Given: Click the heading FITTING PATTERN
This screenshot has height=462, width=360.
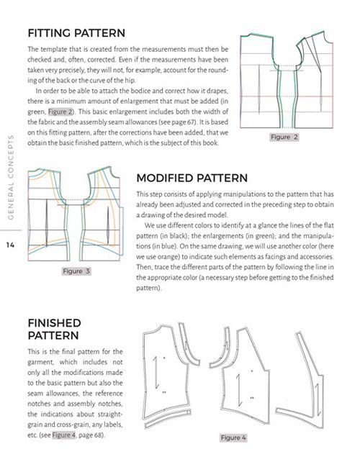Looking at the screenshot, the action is pos(76,33).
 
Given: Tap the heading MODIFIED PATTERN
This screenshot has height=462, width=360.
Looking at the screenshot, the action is pos(192,178).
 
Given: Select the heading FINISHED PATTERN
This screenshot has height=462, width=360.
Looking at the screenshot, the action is pos(54,329).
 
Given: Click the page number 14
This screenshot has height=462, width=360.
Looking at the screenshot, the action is pos(10,245).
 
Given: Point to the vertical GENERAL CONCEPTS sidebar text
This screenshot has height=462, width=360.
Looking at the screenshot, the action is pos(11,177).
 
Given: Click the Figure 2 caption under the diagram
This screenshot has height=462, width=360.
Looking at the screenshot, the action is pos(284,137).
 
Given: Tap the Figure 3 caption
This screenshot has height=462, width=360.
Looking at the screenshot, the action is pos(76,271).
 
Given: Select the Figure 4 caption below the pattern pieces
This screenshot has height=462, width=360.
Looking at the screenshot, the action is pos(233,438).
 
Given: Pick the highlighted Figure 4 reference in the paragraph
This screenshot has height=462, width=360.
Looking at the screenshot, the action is pos(64,435).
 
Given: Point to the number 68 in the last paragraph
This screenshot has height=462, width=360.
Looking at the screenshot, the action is pos(98,435).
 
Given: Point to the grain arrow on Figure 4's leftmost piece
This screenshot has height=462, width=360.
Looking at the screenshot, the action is pos(156,373).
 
